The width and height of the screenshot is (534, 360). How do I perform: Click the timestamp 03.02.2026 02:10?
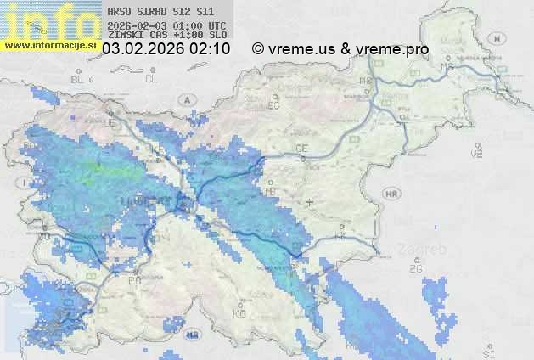166,49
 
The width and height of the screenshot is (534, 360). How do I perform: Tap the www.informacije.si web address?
51,45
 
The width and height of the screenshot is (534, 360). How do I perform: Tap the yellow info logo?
49,20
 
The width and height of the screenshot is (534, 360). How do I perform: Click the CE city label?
301,149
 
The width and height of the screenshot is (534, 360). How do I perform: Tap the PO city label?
133,279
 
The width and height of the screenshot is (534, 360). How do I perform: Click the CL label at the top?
152,79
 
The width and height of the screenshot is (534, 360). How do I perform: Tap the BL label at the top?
78,79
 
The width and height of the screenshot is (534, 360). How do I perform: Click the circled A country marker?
184,99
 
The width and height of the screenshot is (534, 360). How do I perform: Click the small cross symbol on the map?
309,202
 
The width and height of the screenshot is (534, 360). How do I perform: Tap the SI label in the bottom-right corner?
487,351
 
